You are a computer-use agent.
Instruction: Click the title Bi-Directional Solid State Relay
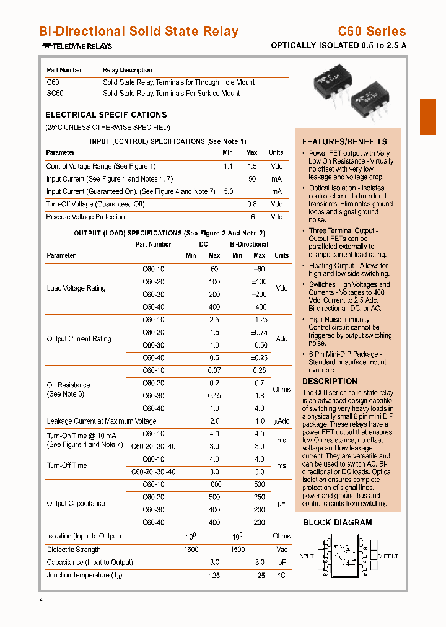[x=138, y=32]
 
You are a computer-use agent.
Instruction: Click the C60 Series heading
[x=372, y=32]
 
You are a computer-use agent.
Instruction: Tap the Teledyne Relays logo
[x=77, y=46]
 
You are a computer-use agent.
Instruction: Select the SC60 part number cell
[x=55, y=94]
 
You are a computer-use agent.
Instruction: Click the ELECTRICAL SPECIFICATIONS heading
[x=106, y=115]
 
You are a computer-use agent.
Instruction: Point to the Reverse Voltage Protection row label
[x=85, y=217]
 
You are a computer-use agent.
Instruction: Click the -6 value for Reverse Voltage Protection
[x=251, y=217]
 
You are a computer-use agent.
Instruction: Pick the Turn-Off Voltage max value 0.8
[x=251, y=204]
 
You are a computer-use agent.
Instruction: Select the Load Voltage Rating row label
[x=76, y=288]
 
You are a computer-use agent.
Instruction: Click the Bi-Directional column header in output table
[x=249, y=244]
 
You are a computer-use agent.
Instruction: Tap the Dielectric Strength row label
[x=74, y=550]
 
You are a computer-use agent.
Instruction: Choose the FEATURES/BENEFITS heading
[x=344, y=141]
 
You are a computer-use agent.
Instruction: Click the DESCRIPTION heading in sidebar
[x=330, y=381]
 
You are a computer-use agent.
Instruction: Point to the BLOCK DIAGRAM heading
[x=338, y=522]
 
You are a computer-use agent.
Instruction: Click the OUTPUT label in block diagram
[x=388, y=556]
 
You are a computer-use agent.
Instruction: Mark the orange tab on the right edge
[x=428, y=117]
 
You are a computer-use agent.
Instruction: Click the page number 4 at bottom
[x=42, y=600]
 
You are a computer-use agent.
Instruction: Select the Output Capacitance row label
[x=76, y=504]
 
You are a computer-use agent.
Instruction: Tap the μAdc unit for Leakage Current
[x=281, y=421]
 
